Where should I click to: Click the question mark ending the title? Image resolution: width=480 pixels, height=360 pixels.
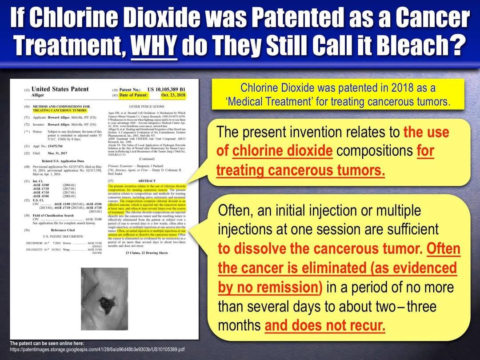[x=453, y=45]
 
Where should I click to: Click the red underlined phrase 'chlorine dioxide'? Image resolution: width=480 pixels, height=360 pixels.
[x=282, y=151]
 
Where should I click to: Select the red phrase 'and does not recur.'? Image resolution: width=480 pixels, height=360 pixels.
[x=325, y=326]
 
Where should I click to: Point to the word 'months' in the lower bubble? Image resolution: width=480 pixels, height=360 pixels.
[x=239, y=326]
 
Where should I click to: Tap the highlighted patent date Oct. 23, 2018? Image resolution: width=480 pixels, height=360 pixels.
[x=171, y=95]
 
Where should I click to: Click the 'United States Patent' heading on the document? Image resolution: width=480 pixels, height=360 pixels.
[x=60, y=89]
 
